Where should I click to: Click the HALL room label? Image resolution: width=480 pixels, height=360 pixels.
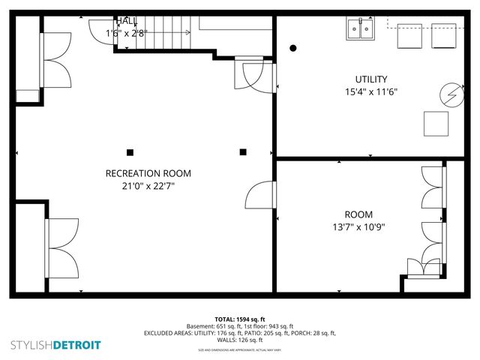coord(125,21)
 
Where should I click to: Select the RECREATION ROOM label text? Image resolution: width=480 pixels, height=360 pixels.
coord(142,173)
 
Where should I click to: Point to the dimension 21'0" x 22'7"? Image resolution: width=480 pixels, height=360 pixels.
coord(142,186)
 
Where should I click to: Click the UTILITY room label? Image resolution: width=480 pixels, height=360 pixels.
coord(370,79)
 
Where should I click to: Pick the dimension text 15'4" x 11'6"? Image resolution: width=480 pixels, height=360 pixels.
coord(370,92)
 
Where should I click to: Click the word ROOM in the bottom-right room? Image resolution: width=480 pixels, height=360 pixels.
coord(358,214)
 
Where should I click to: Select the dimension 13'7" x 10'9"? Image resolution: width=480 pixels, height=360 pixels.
coord(359,227)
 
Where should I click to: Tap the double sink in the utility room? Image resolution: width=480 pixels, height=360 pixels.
coord(361,29)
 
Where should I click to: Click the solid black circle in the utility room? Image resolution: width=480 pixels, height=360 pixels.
coord(293,48)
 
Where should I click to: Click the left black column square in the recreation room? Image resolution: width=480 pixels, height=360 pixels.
coord(130,152)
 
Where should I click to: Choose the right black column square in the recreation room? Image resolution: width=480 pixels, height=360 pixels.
coord(243,152)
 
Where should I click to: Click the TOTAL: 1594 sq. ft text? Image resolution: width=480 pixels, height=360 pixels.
coord(239,319)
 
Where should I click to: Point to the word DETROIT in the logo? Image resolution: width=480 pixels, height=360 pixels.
coord(76,345)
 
